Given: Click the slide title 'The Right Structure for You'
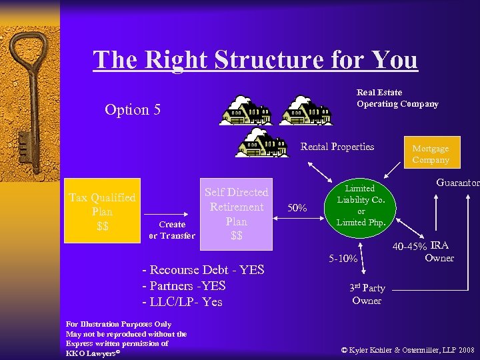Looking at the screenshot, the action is (x=255, y=60).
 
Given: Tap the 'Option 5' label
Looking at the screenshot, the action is (x=133, y=109).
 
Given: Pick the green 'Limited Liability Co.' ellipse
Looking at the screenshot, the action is (x=359, y=205).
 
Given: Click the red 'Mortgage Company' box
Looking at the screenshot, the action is (x=430, y=154).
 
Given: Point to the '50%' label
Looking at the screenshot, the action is (x=297, y=209).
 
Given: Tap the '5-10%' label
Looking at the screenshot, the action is (x=345, y=258).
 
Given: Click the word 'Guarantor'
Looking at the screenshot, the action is (x=458, y=182).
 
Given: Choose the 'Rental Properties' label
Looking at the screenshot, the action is (x=337, y=147).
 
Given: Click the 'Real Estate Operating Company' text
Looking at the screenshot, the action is (x=397, y=98).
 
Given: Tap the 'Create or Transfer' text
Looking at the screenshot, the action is (x=172, y=230).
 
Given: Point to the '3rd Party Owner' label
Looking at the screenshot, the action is (x=367, y=294).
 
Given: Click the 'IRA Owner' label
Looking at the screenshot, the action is (x=439, y=251).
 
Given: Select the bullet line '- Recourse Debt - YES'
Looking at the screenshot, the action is (x=203, y=270).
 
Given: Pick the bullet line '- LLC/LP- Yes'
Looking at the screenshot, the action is (x=183, y=302).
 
